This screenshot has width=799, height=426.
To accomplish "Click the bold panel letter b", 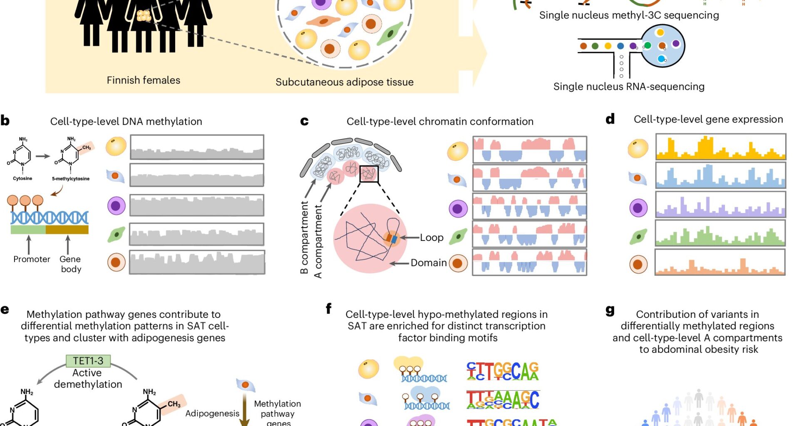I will (5, 121).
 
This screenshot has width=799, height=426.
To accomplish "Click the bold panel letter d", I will (610, 119).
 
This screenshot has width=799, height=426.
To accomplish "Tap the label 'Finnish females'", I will (143, 80).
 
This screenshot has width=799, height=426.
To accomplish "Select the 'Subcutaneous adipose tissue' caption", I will (344, 82).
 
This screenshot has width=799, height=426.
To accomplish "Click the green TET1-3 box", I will (88, 361).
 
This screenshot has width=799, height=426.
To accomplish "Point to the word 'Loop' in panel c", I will (432, 238).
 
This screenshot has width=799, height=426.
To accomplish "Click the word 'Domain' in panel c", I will (428, 263).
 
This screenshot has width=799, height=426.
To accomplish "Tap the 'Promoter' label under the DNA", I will (32, 259).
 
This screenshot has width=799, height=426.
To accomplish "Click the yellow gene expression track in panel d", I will (720, 147).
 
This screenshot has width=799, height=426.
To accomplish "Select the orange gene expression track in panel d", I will (720, 262).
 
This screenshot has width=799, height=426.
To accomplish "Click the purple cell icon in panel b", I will (116, 206).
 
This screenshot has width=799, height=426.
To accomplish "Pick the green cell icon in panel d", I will (638, 237).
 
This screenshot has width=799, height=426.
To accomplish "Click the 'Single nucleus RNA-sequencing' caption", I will (628, 87).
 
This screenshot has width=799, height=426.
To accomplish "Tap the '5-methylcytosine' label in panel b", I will (71, 179).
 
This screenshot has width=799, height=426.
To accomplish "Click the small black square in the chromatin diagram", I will (369, 174).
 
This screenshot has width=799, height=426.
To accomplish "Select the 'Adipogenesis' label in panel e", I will (212, 414).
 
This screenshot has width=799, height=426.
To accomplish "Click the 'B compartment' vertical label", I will (304, 237).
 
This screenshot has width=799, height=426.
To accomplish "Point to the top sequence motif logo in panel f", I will (502, 371).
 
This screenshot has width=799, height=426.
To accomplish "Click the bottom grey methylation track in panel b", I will (197, 262).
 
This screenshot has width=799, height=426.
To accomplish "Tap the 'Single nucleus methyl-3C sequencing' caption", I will (629, 15).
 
